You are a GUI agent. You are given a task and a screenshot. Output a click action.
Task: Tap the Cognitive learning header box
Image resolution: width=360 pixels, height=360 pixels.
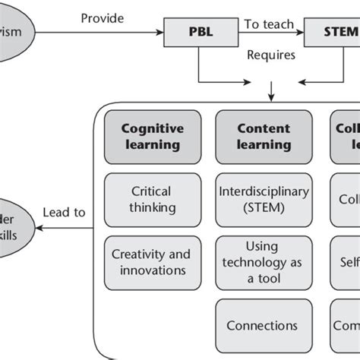click(152, 137)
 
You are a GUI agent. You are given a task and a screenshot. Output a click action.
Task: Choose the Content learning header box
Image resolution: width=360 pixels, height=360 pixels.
click(264, 137)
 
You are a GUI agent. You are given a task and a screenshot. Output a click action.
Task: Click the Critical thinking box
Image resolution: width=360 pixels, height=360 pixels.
click(151, 199)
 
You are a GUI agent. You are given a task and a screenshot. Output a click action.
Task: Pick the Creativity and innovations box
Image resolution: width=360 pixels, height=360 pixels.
click(151, 261)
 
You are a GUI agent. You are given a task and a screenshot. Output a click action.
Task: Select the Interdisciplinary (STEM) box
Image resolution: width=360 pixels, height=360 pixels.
click(264, 199)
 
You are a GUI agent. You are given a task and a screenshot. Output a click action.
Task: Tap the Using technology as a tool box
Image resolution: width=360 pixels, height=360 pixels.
click(264, 261)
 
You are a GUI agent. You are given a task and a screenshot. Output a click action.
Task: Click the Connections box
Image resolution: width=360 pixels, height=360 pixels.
click(264, 325)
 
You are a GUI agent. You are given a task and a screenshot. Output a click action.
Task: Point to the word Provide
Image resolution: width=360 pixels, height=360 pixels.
click(103, 16)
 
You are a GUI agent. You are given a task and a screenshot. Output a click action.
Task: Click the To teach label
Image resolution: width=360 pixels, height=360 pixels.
click(268, 24)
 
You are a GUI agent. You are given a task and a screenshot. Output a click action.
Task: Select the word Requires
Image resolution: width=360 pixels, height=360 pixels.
click(271, 55)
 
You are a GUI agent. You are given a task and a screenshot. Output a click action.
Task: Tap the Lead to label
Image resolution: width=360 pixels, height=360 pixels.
click(65, 213)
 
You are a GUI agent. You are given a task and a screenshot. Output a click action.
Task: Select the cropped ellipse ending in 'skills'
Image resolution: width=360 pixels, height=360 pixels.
click(15, 225)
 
